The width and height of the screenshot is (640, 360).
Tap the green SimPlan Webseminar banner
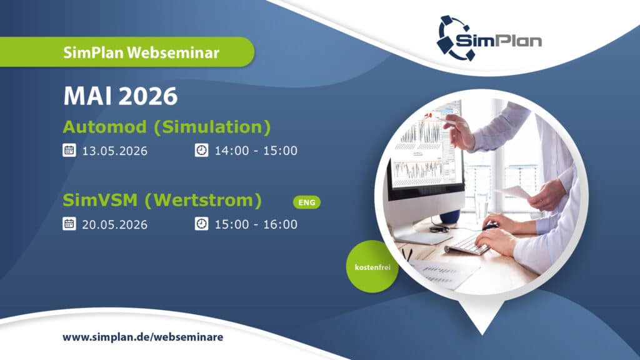pos(126,52)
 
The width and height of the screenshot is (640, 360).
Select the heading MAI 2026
pos(121,96)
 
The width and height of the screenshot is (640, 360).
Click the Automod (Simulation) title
pos(166,127)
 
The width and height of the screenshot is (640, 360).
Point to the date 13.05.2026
pos(115,151)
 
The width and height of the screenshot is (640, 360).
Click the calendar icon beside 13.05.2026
pos(69,150)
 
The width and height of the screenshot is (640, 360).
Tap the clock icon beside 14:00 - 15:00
pos(202,150)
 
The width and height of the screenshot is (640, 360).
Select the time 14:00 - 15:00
pos(256,151)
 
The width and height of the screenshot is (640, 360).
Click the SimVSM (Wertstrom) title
pos(162,201)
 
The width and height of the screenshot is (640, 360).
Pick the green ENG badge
pos(307,202)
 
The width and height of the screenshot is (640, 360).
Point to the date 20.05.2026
pos(115,224)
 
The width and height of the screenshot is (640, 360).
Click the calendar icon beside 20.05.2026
pos(69,224)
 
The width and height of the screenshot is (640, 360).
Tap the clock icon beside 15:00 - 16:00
pos(202,224)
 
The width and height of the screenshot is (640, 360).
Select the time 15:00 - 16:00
pos(256,224)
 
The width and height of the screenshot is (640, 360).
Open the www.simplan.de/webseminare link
pos(143,337)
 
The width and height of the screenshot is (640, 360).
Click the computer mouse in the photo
pos(490,226)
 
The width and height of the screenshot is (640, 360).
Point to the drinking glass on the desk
pos(481,206)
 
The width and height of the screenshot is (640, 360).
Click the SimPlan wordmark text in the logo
pos(499,40)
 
